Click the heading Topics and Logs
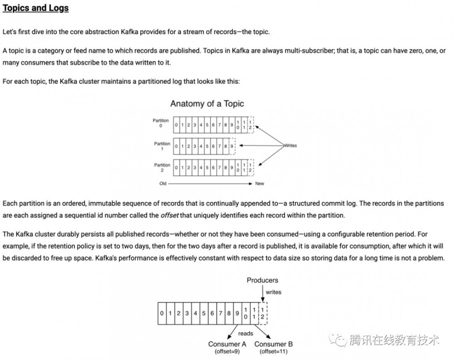coord(36,9)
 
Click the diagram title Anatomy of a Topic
coord(207,104)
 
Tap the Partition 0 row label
coord(161,123)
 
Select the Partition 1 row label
coord(162,146)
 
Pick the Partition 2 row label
coord(162,168)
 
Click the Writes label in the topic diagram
coord(290,146)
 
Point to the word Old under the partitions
coord(163,184)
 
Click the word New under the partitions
coord(260,184)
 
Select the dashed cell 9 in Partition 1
coord(232,146)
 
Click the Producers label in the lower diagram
coord(262,280)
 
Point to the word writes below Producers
coord(273,292)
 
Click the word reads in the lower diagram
coord(246,334)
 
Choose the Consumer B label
coord(273,344)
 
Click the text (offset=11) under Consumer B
coord(273,351)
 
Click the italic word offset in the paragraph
coord(170,216)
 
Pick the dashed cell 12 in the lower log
coord(262,313)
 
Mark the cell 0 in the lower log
coord(162,313)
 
